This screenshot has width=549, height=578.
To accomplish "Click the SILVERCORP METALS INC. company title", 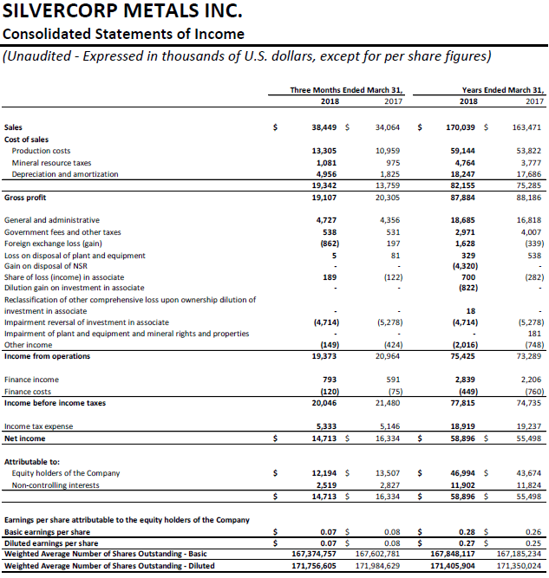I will coord(121,14).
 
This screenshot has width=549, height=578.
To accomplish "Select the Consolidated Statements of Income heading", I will coord(123,35).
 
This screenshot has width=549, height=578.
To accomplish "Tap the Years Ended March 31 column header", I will coord(502,89).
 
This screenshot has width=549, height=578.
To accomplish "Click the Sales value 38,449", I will coord(324,127).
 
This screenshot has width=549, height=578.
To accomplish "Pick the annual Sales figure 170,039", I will coord(461,127).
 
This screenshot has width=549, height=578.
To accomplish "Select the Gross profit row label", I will coord(25,198).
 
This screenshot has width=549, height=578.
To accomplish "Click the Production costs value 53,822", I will coord(527,151).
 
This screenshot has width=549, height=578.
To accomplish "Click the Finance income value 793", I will coord(330,380).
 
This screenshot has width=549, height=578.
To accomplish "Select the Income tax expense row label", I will coord(39,426).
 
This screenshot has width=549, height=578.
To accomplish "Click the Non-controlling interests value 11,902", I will coord(464,484).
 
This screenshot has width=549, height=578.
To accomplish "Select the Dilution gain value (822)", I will coord(467,288).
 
